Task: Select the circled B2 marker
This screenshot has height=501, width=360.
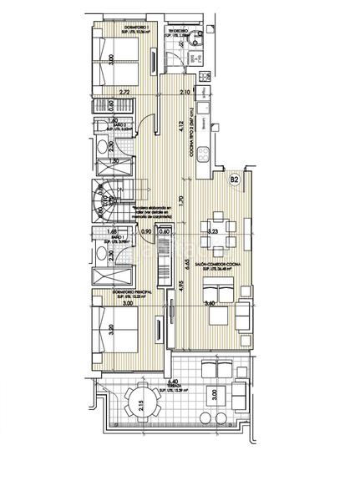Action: [234, 179]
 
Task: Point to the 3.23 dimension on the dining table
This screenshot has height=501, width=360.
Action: [212, 231]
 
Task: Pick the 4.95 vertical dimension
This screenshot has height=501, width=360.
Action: [180, 289]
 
